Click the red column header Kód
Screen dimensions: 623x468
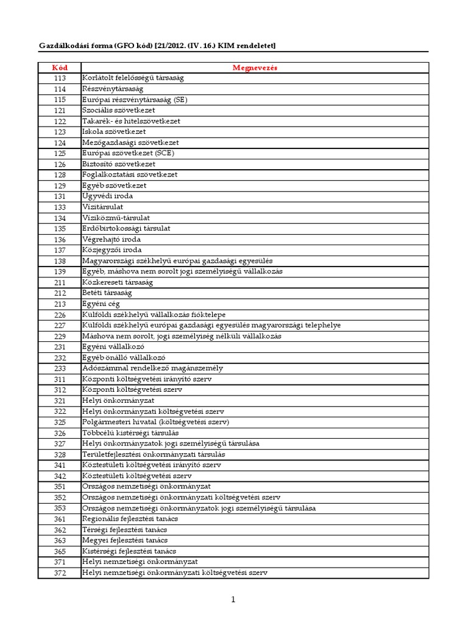coord(59,68)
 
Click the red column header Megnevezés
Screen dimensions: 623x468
coord(255,68)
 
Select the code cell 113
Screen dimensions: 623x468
coord(59,78)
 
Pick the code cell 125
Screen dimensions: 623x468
coord(59,153)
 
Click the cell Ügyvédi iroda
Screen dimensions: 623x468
coord(107,197)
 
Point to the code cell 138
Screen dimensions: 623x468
coord(59,261)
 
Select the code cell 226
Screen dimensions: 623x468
coord(59,315)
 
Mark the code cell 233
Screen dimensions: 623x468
coord(59,368)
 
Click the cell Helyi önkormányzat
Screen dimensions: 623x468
coord(118,400)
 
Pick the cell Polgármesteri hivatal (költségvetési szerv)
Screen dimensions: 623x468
coord(155,422)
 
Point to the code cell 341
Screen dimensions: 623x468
coord(59,465)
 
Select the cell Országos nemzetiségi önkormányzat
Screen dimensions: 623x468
coord(146,487)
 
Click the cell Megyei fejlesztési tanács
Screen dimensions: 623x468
coord(125,540)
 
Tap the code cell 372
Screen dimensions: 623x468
coord(59,573)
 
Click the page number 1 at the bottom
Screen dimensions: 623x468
coord(233,600)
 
